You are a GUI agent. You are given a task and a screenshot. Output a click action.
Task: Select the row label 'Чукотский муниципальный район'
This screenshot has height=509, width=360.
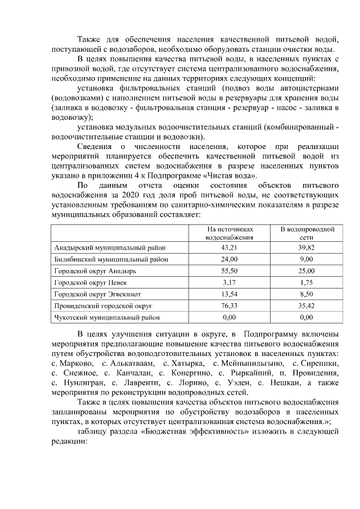pos(107,318)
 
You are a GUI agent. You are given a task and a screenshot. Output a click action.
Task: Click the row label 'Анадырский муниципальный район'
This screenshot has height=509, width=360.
pos(110,247)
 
